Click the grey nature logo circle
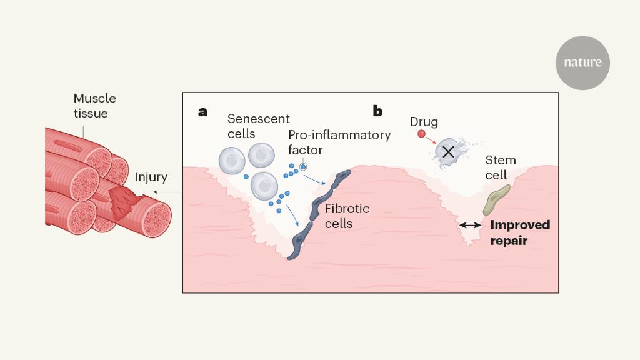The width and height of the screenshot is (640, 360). click(582, 62)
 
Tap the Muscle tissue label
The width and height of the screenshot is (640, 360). click(94, 106)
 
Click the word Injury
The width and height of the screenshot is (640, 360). click(151, 177)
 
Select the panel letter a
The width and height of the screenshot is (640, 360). click(202, 112)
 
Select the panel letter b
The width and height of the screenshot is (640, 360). click(377, 112)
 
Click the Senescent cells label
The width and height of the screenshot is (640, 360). click(249, 126)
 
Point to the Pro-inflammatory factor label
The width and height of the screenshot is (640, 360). click(339, 142)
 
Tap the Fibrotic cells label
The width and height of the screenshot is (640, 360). click(347, 216)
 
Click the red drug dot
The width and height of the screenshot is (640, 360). click(421, 134)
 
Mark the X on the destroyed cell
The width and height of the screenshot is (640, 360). click(447, 151)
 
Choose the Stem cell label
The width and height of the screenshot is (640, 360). click(501, 167)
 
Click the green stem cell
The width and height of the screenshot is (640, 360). click(497, 199)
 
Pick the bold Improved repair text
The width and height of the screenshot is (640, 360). click(519, 232)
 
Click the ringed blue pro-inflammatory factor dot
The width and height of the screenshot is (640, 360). click(303, 166)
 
